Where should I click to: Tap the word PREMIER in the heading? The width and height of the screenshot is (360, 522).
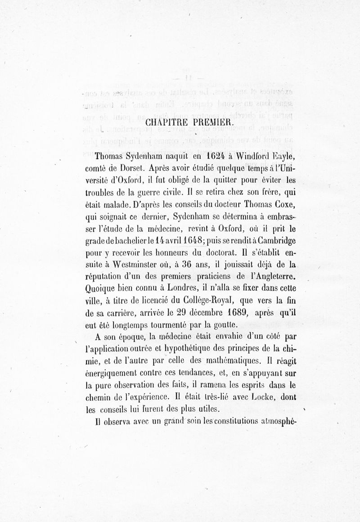(211, 122)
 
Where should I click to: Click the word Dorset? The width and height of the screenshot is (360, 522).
(129, 169)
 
